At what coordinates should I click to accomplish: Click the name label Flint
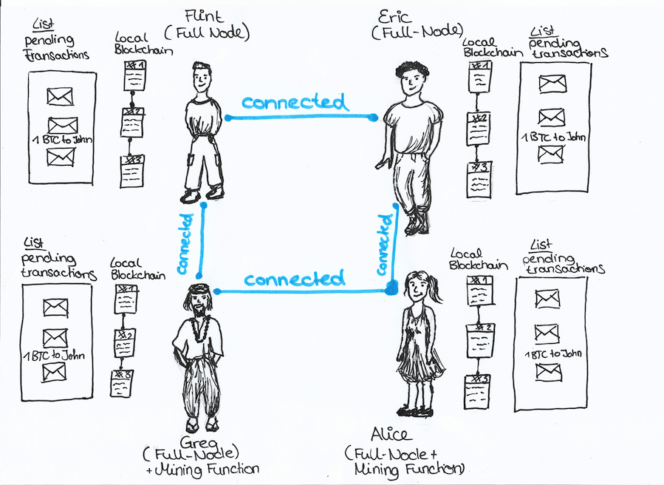(x=202, y=16)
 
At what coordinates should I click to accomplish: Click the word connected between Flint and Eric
(x=295, y=102)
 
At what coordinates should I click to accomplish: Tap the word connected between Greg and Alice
(x=295, y=279)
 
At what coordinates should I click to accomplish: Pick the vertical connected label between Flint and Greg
(x=187, y=242)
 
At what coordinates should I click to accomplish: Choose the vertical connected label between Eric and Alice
(x=383, y=242)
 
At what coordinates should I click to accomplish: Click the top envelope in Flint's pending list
(x=60, y=96)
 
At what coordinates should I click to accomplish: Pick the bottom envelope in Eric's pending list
(x=550, y=154)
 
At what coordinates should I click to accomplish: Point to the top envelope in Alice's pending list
(x=547, y=298)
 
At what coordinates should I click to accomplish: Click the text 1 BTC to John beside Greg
(x=54, y=356)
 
